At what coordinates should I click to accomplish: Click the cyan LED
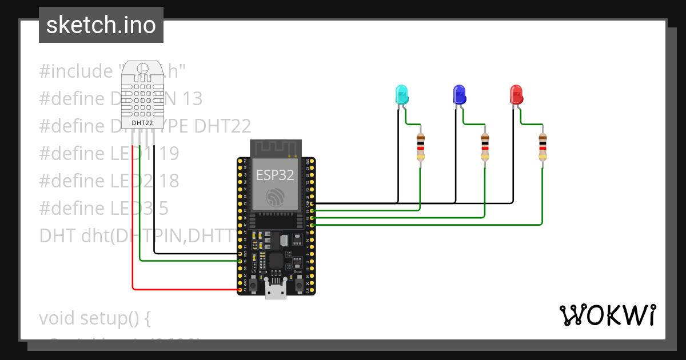click(402, 94)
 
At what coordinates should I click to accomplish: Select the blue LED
click(459, 94)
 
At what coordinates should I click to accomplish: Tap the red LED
click(516, 94)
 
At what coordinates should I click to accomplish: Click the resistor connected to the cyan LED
click(421, 147)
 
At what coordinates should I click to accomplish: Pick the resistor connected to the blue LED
click(485, 147)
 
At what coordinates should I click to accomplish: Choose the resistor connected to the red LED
click(542, 147)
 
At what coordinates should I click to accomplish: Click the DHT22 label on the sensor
click(142, 122)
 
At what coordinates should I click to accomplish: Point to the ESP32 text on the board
click(276, 175)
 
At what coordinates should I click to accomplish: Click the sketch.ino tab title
click(101, 25)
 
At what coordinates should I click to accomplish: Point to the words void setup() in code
click(95, 318)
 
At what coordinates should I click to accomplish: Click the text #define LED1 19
click(109, 153)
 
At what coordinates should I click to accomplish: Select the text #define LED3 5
click(104, 208)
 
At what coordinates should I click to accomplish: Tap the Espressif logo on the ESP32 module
click(276, 197)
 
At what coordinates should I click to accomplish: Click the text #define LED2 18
click(109, 181)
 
